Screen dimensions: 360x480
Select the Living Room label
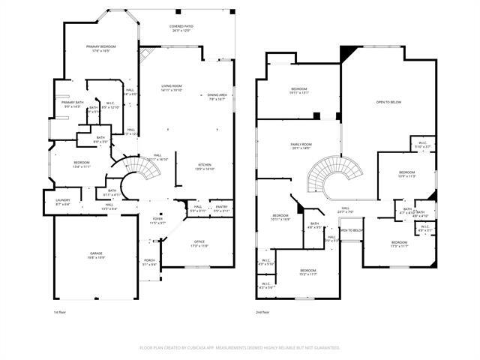(x=172, y=88)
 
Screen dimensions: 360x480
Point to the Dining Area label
(x=217, y=97)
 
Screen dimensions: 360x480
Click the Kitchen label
(x=205, y=166)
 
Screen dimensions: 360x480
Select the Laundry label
(x=63, y=202)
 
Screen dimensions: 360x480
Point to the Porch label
(x=150, y=261)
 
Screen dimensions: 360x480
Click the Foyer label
(x=157, y=221)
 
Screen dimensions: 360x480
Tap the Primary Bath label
(x=73, y=104)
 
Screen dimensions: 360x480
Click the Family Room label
(x=301, y=146)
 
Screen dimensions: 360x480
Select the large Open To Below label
(x=388, y=102)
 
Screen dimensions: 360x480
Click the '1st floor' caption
(x=60, y=311)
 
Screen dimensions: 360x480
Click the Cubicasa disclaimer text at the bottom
(x=240, y=348)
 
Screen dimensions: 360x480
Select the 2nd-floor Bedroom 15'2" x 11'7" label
(x=309, y=272)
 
